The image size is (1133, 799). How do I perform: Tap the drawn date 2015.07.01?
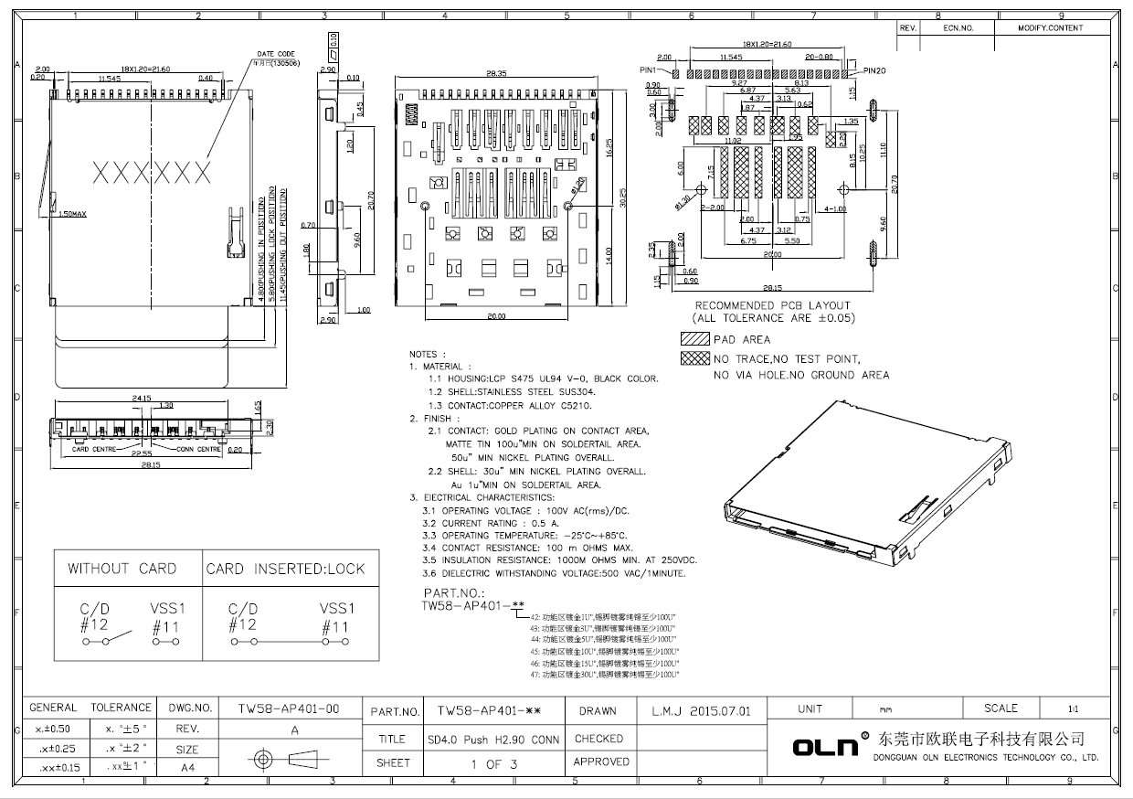701,710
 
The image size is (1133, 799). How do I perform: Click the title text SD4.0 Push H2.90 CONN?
492,739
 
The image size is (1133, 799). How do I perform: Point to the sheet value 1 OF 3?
493,763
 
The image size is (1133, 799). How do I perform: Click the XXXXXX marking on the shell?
152,171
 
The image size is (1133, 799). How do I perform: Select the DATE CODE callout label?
275,54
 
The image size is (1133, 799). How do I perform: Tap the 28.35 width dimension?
497,73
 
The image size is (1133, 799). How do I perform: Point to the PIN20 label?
874,70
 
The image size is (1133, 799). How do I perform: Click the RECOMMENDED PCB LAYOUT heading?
772,305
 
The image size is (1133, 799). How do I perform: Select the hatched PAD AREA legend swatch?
694,339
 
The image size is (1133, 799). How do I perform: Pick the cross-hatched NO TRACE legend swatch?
694,359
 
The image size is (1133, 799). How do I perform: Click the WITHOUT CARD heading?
122,569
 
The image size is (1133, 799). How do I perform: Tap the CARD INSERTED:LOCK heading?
285,569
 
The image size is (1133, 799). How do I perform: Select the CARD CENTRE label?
93,449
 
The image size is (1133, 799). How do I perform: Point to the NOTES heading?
427,354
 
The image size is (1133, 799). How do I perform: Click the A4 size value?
187,768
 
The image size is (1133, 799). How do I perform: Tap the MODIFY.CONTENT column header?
1050,28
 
